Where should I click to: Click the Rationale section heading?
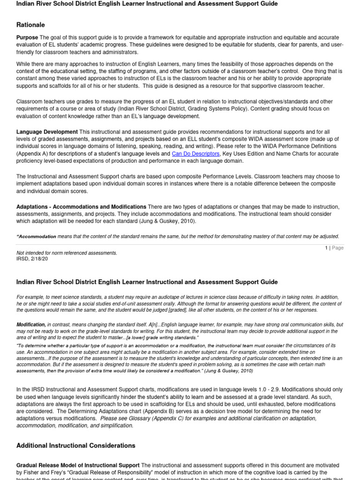pos(31,25)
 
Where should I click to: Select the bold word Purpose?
pos(27,37)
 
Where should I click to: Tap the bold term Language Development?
pos(47,132)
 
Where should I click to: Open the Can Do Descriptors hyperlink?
pos(195,154)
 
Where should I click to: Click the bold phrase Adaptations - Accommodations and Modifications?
pos(81,207)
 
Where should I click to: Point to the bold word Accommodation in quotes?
pos(37,237)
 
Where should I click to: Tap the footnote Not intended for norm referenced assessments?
pos(67,253)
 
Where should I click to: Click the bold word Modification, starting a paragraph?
pos(31,324)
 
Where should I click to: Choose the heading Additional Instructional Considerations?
pos(76,445)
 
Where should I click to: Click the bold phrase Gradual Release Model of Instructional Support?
pos(78,465)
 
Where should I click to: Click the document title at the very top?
pos(147,4)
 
